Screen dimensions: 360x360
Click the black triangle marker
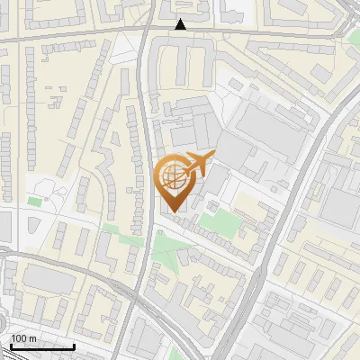click(x=182, y=24)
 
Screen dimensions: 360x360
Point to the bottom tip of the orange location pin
click(x=174, y=211)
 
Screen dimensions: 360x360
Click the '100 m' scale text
click(x=23, y=338)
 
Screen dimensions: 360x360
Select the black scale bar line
click(x=42, y=346)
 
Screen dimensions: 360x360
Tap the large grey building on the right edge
click(x=342, y=193)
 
